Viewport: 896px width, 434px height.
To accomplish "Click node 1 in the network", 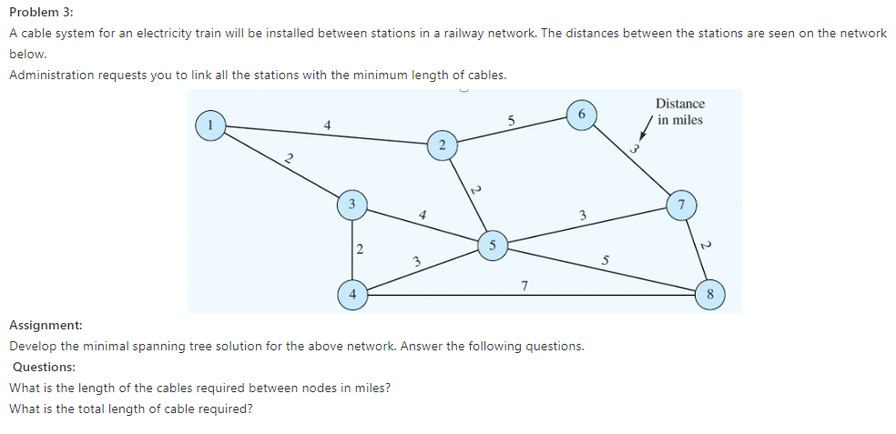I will click(211, 125).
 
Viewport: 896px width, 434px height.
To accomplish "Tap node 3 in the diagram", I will click(351, 203).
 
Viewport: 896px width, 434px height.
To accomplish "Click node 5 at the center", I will click(492, 245).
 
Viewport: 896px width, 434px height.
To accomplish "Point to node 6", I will click(580, 114).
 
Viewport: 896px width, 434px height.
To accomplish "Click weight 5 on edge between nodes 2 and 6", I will click(511, 119).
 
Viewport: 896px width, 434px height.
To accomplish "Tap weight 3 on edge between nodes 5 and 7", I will click(582, 214).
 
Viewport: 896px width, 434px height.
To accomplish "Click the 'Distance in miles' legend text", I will click(680, 112).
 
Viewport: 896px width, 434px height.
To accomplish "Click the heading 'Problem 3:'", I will click(42, 12).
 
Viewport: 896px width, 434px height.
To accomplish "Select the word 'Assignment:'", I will click(46, 325).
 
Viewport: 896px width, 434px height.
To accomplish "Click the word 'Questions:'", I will click(45, 367).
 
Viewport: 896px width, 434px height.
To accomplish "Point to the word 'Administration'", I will click(50, 75).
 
